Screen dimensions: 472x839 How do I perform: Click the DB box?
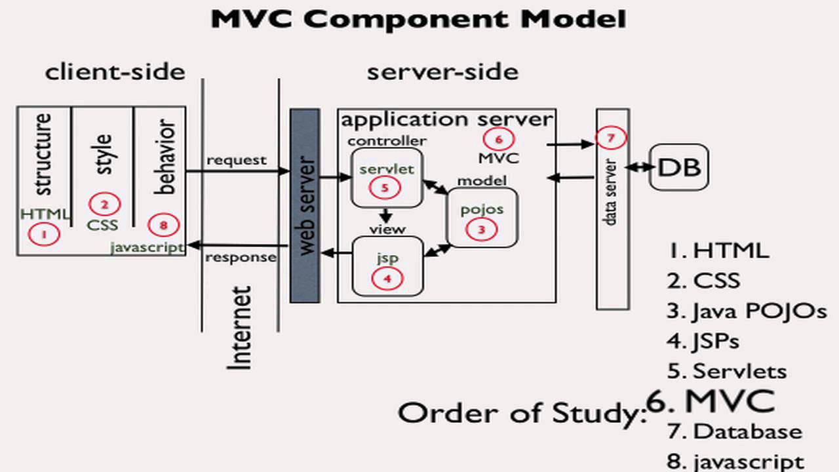coord(678,168)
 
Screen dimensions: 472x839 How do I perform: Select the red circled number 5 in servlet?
coord(385,187)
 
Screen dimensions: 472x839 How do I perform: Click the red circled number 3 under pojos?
coord(481,229)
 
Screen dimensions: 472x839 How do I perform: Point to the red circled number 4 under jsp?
coord(387,278)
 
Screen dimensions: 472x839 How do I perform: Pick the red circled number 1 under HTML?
coord(44,233)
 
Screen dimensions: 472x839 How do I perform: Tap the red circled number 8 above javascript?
coord(163,225)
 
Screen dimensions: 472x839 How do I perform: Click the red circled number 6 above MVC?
coord(498,138)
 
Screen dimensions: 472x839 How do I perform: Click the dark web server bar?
coord(305,206)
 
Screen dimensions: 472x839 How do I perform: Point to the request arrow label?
coord(237,160)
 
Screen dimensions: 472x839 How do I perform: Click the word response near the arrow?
coord(241,257)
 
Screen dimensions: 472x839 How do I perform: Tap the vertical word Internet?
coord(240,328)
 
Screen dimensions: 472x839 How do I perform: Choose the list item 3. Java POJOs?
coord(747,311)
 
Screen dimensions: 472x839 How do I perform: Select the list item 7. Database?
coord(735,431)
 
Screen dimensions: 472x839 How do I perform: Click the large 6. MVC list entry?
coord(711,401)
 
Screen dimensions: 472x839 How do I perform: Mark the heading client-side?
coord(115,71)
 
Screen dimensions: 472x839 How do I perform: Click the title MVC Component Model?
coord(418,20)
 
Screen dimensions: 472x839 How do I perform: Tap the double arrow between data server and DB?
coord(640,168)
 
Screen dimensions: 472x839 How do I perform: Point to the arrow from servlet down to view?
coord(386,215)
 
